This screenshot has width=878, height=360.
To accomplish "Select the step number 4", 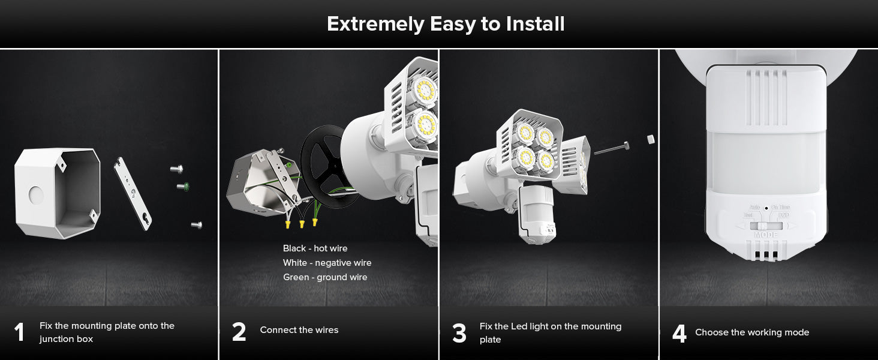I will coord(679,334).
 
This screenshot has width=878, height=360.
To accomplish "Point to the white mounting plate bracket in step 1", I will coord(133,193).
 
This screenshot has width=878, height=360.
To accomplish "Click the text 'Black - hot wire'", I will coord(315,248).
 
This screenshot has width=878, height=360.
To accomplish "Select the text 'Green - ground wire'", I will coord(325,277).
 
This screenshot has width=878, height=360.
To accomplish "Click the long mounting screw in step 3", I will coord(612,149).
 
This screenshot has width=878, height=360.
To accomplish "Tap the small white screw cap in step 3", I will coord(651,139).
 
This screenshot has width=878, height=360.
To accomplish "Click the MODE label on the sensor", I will coord(765,235).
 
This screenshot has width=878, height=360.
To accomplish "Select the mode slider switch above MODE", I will coord(765,226).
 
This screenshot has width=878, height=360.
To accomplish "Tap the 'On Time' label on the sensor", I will coord(780,207).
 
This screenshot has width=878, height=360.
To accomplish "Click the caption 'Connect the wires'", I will coord(299,330).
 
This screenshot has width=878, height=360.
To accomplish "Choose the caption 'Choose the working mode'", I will coord(752,332).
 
